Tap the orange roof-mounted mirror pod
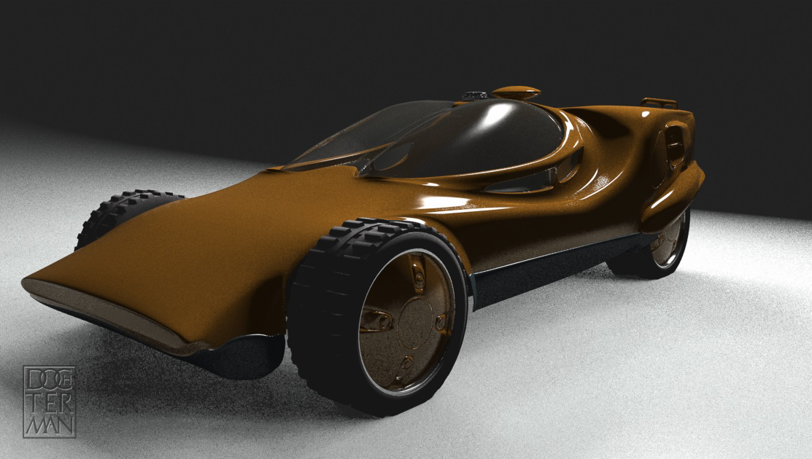(516, 93)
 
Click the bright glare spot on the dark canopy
(490, 121)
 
